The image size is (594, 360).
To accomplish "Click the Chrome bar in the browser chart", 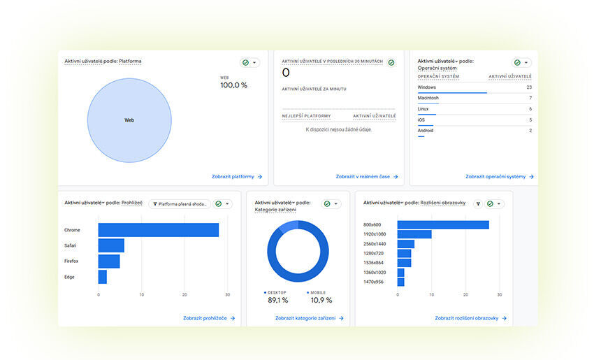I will (158, 230).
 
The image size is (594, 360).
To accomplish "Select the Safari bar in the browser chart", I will (111, 245).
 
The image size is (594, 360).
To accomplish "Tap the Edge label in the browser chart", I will (69, 277).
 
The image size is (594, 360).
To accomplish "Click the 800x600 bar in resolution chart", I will (443, 224).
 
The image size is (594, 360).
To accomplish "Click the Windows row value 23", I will (529, 87).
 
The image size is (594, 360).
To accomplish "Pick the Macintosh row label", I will (428, 98).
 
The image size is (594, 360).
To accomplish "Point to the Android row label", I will (426, 131).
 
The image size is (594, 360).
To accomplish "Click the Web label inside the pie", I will (129, 120).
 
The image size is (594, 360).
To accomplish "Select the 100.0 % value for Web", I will (233, 85).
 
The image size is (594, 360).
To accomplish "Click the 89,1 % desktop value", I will (277, 301).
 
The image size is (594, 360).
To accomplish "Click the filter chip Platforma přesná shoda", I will (180, 204).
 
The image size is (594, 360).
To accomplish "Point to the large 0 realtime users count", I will (286, 73).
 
